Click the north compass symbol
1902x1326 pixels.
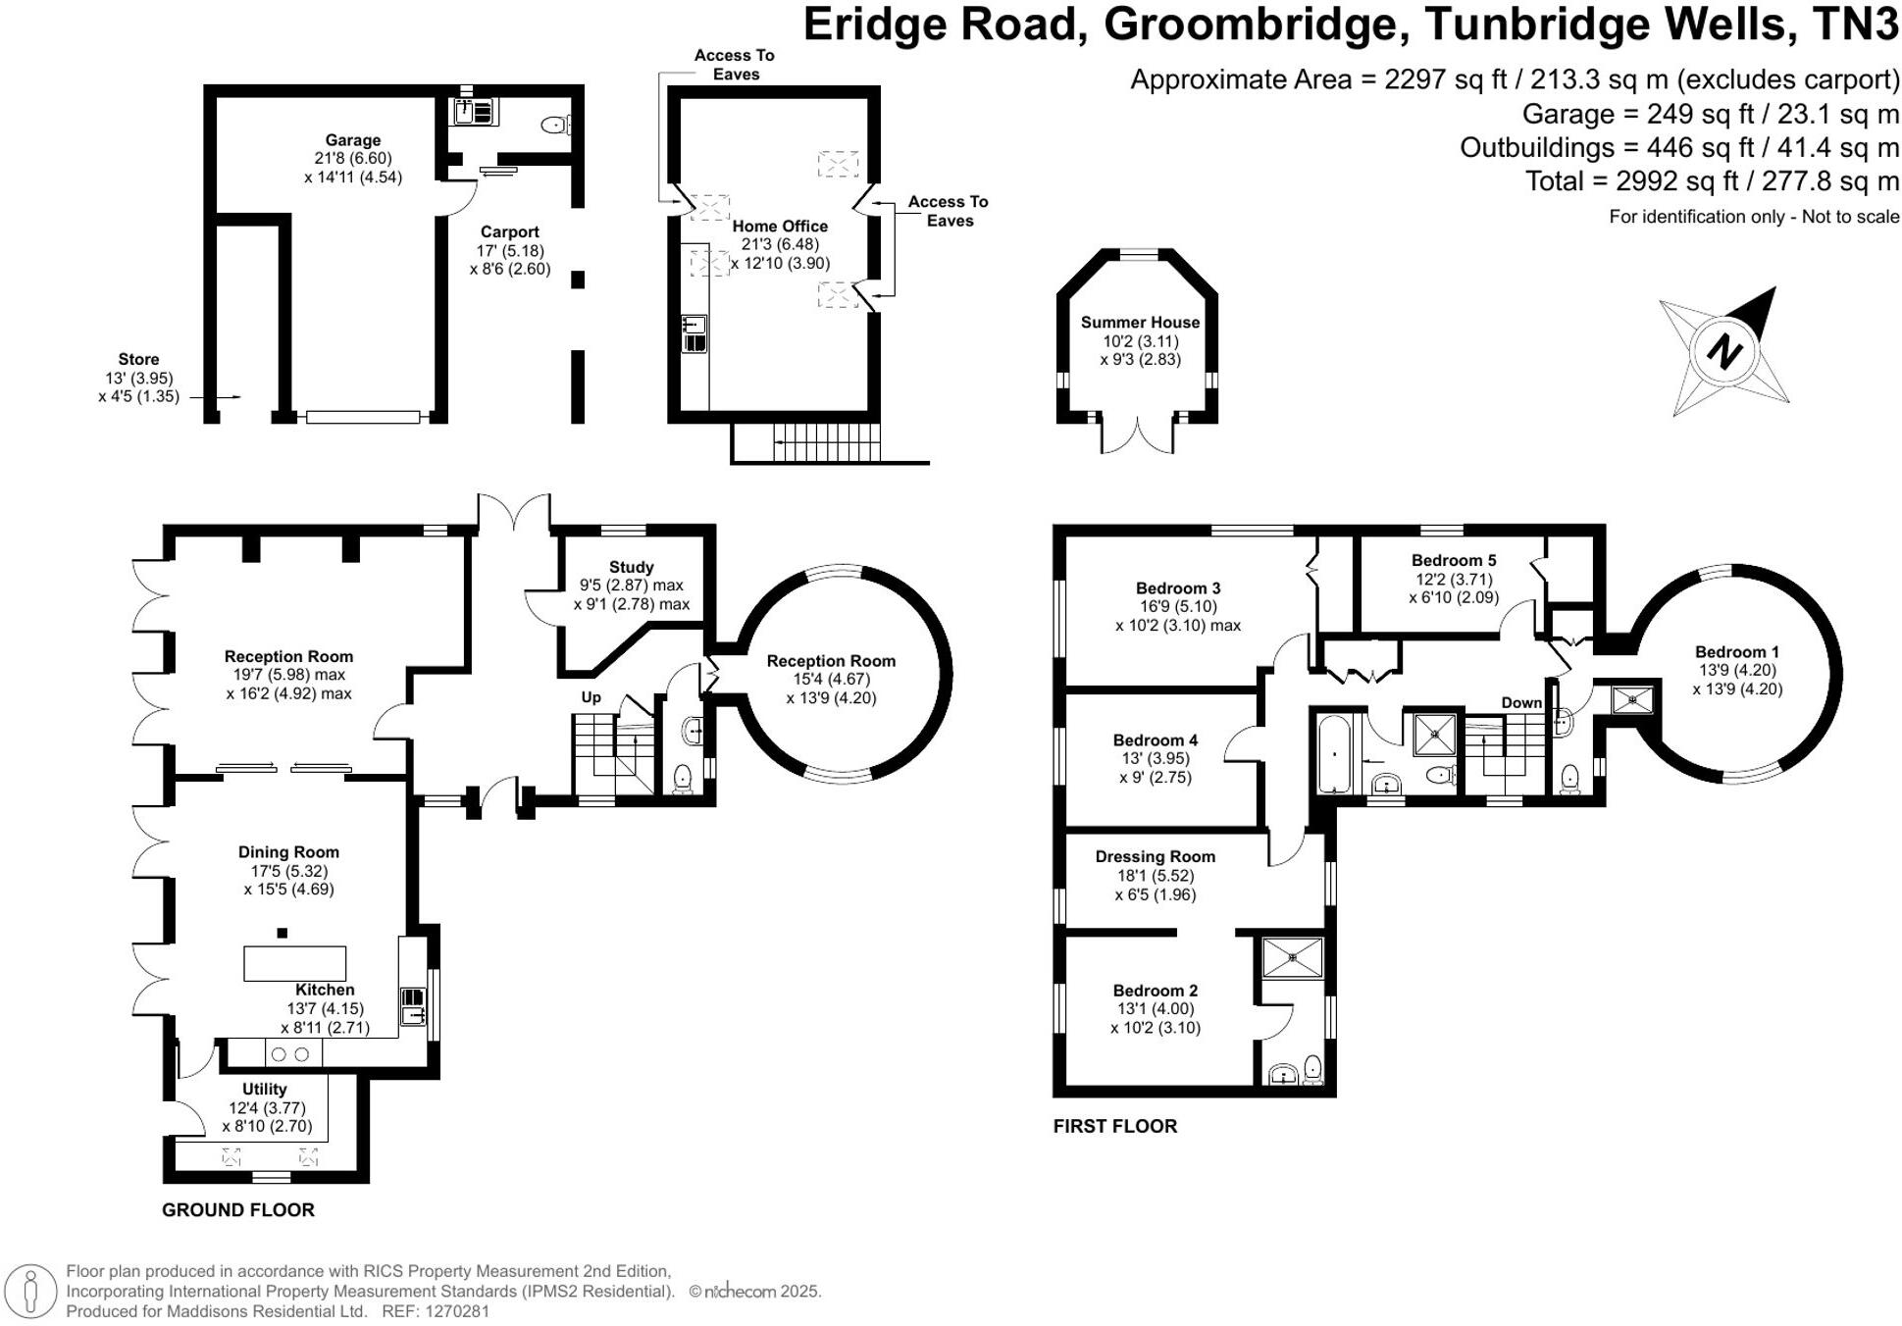1724,350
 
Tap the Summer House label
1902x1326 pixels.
1140,323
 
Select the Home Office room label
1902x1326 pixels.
780,227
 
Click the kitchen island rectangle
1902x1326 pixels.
294,963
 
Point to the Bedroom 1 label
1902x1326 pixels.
1736,652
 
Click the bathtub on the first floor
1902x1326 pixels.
1334,754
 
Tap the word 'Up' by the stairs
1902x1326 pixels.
591,697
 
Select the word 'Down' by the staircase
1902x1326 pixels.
1521,702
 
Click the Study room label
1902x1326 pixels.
631,567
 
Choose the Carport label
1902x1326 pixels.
509,232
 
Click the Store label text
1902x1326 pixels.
138,360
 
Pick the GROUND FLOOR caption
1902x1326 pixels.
238,1210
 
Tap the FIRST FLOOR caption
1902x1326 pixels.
1114,1127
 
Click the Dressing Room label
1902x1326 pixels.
1155,856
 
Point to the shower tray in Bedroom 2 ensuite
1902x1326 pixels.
1292,958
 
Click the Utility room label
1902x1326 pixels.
264,1089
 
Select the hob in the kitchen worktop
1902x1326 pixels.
290,1054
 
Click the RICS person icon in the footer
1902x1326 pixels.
30,1291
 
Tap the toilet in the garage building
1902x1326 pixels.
555,125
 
